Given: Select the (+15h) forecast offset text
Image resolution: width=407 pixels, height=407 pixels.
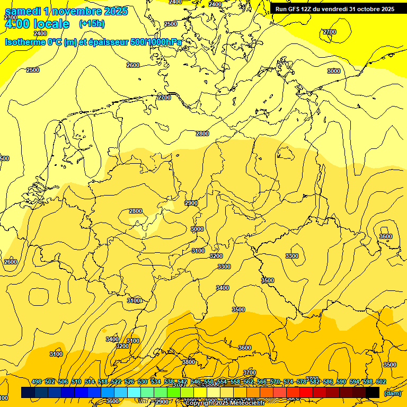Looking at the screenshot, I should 92,23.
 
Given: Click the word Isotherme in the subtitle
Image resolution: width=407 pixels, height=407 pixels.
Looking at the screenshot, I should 25,42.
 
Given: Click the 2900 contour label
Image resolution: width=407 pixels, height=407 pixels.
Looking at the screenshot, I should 191,203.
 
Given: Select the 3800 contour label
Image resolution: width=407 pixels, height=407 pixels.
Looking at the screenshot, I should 189,362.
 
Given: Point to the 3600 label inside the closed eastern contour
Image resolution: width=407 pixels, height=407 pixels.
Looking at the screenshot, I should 386,236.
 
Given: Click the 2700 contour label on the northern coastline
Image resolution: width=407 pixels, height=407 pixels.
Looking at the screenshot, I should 164,98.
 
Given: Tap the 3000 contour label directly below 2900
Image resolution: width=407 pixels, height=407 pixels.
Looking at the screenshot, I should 197,229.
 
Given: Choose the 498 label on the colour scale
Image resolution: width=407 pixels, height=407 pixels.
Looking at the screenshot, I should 37,382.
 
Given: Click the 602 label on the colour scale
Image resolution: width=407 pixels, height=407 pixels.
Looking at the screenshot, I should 381,382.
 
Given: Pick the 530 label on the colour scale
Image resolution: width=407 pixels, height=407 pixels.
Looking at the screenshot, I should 143,382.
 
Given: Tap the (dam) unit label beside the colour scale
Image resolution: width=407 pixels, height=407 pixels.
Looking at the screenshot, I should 393,393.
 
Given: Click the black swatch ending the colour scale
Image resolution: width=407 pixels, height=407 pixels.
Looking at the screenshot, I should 373,392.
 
